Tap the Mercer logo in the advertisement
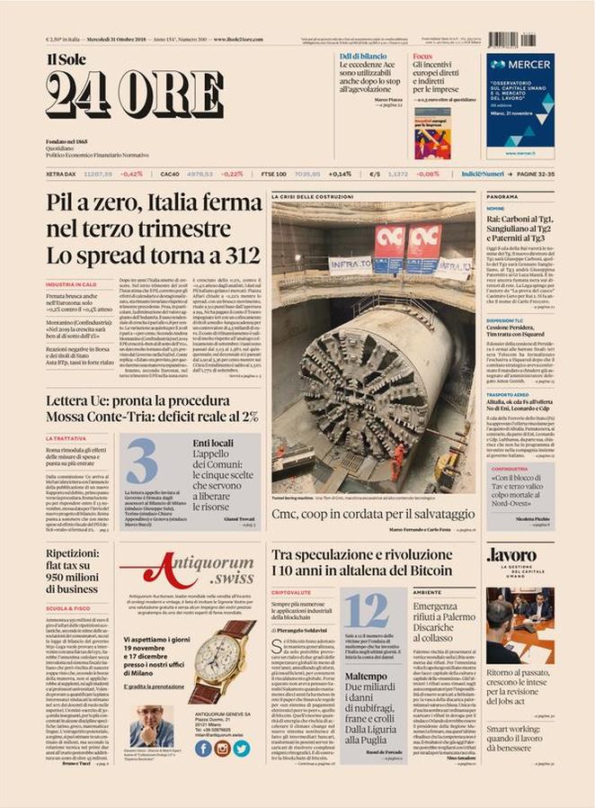pyautogui.click(x=520, y=66)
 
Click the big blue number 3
pyautogui.click(x=141, y=462)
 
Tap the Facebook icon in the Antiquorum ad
pyautogui.click(x=203, y=748)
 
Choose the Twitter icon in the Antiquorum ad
pyautogui.click(x=241, y=748)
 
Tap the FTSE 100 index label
pyautogui.click(x=273, y=174)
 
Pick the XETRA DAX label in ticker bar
pyautogui.click(x=60, y=174)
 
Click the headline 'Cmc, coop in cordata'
pyautogui.click(x=372, y=513)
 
